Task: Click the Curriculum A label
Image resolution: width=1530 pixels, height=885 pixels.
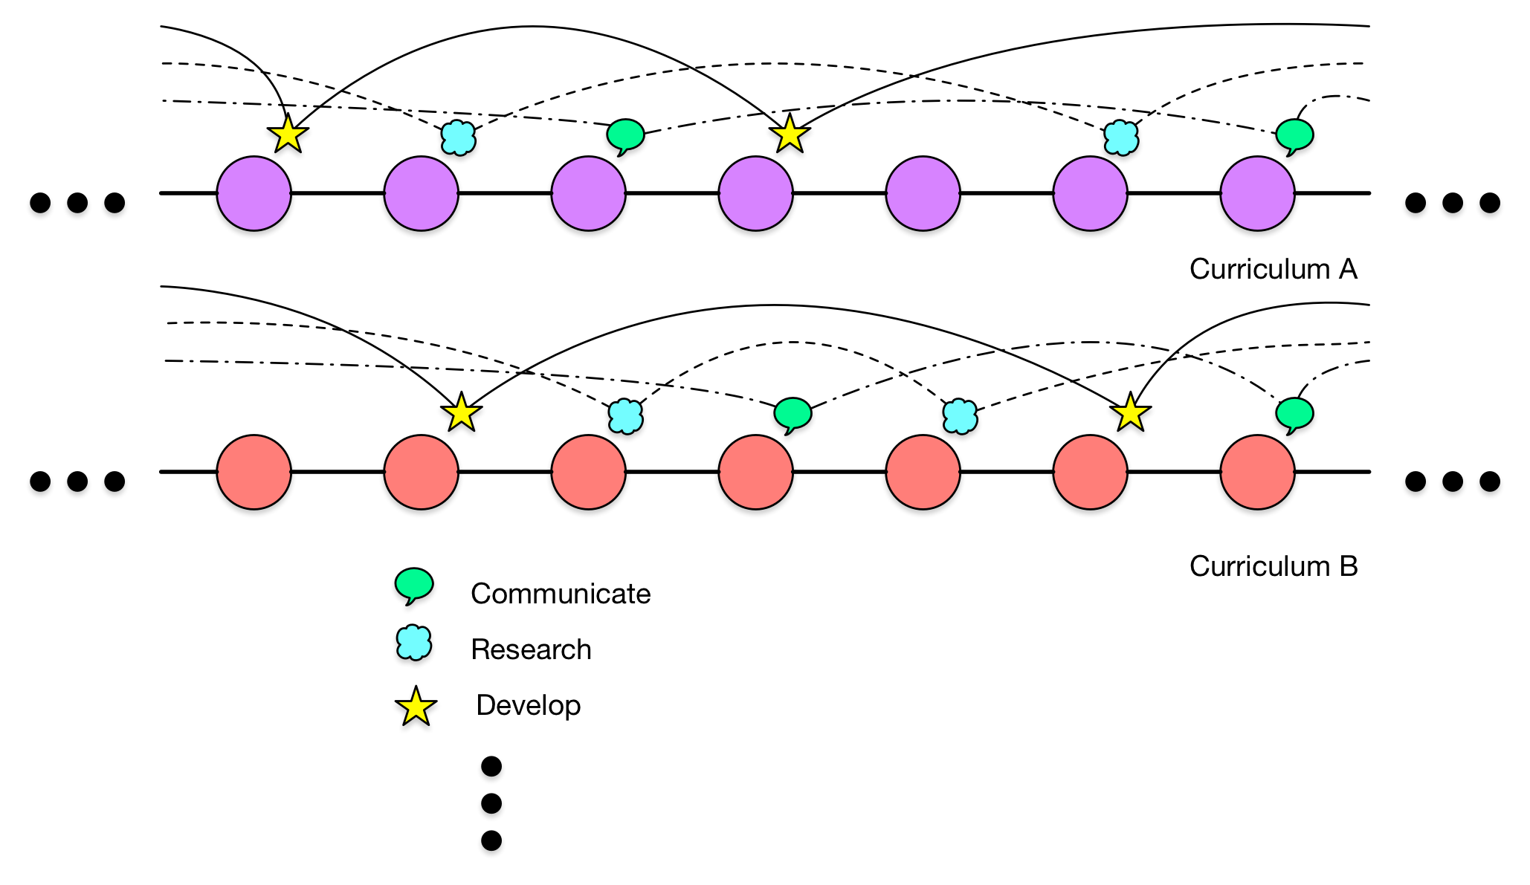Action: click(x=1273, y=269)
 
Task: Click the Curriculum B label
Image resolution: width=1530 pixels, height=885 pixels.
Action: click(x=1273, y=566)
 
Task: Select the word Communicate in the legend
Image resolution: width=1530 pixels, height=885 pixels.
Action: click(x=561, y=594)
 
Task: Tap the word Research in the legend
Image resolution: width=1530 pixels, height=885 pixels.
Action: click(x=531, y=649)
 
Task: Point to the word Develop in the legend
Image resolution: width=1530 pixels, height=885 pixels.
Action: click(x=528, y=705)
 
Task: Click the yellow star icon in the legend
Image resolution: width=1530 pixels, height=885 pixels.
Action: click(x=416, y=707)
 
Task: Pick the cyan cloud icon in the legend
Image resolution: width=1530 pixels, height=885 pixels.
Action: click(x=414, y=644)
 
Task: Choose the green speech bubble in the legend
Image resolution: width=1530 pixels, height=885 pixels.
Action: click(x=414, y=586)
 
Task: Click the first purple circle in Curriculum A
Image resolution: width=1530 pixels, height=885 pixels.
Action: click(x=254, y=193)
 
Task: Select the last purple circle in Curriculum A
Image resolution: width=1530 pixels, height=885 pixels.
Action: click(x=1257, y=193)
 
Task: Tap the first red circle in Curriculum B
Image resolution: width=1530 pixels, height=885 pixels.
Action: click(x=254, y=472)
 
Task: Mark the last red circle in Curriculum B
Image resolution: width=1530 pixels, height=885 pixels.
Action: click(x=1257, y=472)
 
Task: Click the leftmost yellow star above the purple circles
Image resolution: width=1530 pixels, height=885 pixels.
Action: click(x=288, y=134)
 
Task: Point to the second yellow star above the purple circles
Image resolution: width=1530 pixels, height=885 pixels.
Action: click(x=790, y=134)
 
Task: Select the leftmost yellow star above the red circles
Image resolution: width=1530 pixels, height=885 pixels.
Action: click(x=461, y=412)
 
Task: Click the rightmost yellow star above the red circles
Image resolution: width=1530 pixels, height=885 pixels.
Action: click(x=1130, y=412)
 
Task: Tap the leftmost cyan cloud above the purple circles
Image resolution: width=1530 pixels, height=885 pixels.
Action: click(x=459, y=137)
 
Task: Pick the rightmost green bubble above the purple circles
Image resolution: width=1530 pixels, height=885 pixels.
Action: click(x=1294, y=135)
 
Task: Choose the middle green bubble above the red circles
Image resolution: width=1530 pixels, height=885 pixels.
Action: click(x=793, y=413)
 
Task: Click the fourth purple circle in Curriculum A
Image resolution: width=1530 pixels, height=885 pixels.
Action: click(x=755, y=193)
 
